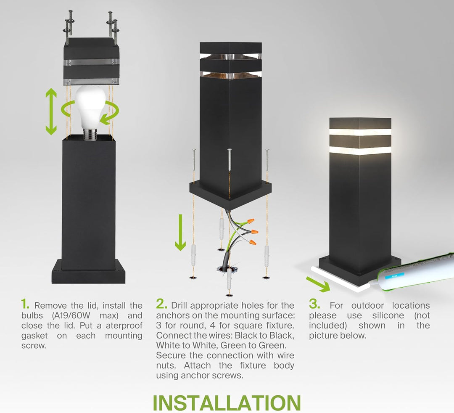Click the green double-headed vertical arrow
[51, 111]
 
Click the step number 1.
[26, 304]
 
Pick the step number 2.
[161, 304]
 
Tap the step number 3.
[314, 304]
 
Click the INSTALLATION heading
[227, 402]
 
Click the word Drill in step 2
[181, 305]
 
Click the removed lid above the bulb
[91, 61]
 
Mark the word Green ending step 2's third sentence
[273, 346]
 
